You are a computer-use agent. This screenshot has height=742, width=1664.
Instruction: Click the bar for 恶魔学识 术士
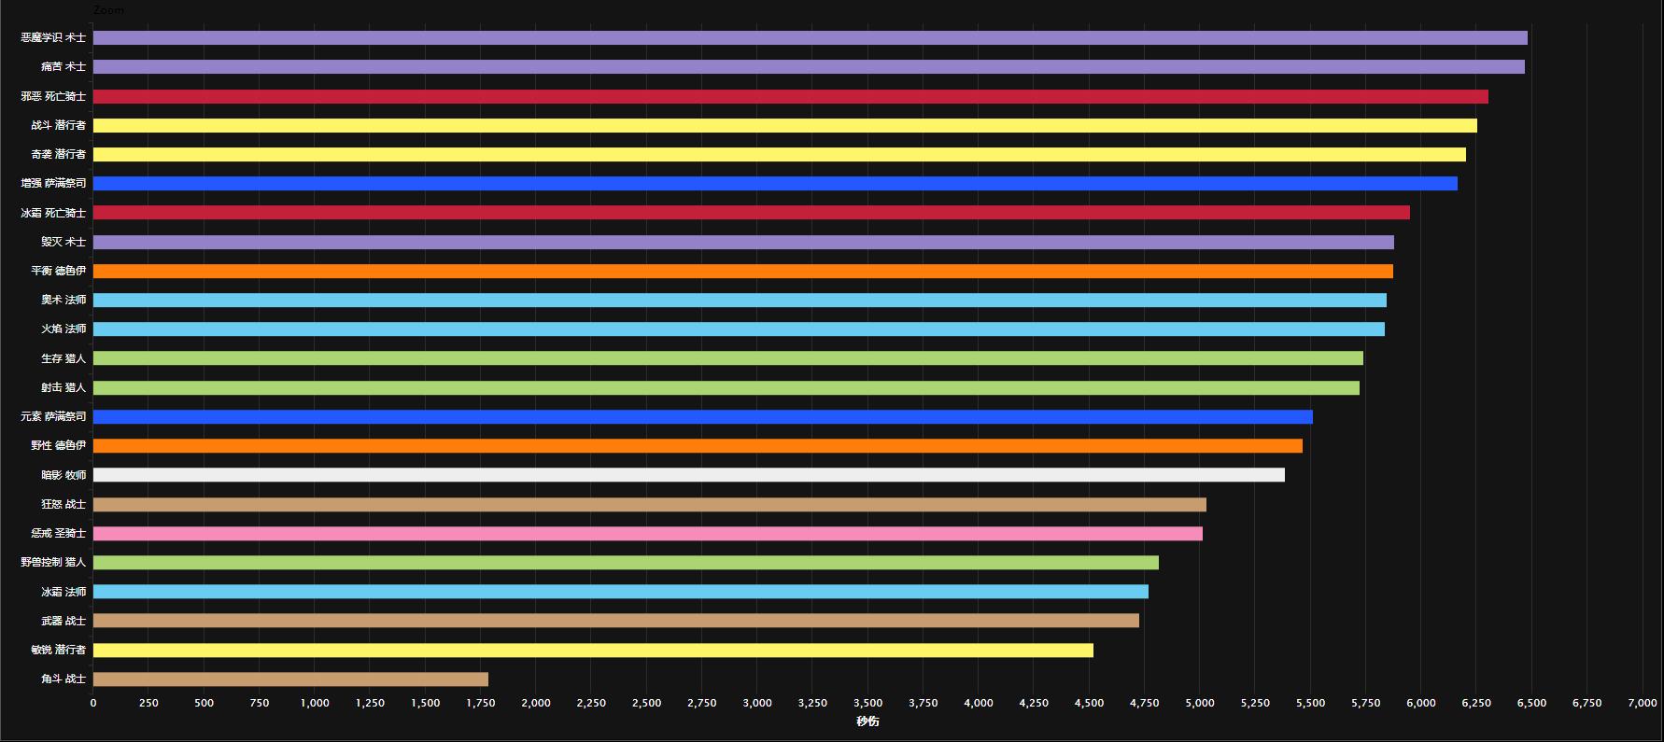(810, 37)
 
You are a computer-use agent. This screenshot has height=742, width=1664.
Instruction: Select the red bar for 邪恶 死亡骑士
(790, 96)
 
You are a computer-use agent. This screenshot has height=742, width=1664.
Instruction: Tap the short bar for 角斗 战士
(290, 679)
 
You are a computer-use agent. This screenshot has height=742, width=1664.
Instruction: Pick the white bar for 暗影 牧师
(688, 475)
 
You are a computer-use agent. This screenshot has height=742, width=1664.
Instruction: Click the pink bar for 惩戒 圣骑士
(647, 534)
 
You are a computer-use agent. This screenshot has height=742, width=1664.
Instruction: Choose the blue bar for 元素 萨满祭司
(702, 416)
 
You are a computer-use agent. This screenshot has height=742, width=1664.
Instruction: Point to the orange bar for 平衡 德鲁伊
(742, 271)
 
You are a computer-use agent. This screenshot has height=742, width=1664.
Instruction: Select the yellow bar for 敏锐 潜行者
(593, 651)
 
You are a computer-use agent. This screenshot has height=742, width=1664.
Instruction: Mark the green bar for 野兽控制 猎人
(626, 563)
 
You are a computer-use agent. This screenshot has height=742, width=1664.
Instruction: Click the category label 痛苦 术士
(63, 67)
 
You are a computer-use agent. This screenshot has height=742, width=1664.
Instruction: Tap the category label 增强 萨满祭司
(53, 184)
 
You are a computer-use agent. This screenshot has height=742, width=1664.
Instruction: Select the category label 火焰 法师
(63, 329)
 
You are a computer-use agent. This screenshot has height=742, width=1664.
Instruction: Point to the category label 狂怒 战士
(63, 505)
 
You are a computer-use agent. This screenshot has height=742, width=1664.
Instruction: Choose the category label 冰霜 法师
(63, 592)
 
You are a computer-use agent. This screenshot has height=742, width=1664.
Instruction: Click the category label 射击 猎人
(63, 387)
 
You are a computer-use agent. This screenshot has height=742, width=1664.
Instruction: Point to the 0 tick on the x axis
(93, 704)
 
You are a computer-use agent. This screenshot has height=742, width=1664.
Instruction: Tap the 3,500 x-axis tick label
(867, 704)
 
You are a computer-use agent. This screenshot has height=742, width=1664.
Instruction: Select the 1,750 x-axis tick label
(481, 704)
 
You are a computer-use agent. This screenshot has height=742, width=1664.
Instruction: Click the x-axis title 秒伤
(867, 721)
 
